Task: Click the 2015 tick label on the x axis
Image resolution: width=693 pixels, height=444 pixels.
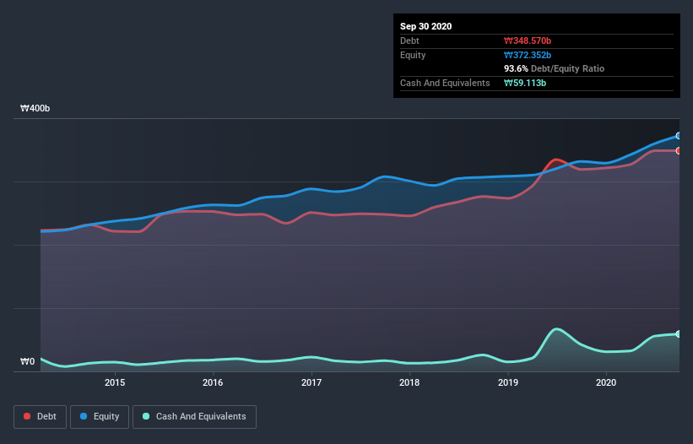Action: pyautogui.click(x=115, y=382)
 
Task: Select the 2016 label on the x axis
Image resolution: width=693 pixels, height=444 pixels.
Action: pyautogui.click(x=213, y=382)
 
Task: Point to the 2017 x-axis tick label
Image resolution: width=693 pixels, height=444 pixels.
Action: pyautogui.click(x=311, y=382)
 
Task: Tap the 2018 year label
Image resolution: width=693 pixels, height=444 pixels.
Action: pyautogui.click(x=409, y=382)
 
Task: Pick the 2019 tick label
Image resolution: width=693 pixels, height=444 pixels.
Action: pyautogui.click(x=508, y=382)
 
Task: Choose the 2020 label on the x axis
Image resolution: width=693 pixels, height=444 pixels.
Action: pyautogui.click(x=606, y=382)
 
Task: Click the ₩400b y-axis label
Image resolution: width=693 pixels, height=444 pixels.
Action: pyautogui.click(x=35, y=110)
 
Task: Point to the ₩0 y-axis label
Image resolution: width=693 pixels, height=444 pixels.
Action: pyautogui.click(x=28, y=362)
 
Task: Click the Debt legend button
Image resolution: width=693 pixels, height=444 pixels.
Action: pyautogui.click(x=41, y=416)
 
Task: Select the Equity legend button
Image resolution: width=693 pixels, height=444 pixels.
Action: pyautogui.click(x=100, y=416)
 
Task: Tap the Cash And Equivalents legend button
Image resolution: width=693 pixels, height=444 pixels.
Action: pyautogui.click(x=194, y=416)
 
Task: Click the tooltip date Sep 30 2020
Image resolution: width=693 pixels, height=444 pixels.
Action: pyautogui.click(x=426, y=26)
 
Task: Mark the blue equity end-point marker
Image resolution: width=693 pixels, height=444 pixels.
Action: pyautogui.click(x=678, y=136)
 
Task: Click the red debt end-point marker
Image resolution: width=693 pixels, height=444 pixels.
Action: pyautogui.click(x=678, y=151)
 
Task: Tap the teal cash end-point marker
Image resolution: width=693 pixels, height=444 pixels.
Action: pyautogui.click(x=678, y=334)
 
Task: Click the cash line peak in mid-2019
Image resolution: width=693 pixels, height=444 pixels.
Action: pyautogui.click(x=555, y=328)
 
